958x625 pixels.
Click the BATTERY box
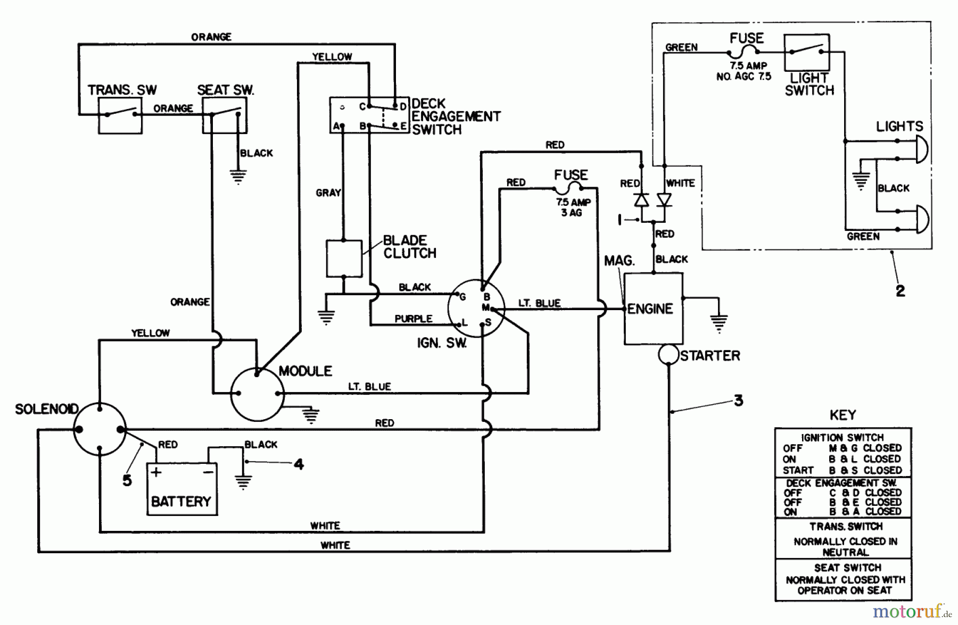click(181, 489)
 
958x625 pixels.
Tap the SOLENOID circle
click(100, 429)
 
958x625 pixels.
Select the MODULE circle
click(258, 394)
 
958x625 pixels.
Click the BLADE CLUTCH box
click(344, 259)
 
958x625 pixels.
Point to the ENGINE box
click(653, 309)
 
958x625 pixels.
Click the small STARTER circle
click(668, 355)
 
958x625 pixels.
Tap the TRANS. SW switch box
click(120, 115)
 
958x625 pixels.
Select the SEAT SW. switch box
click(225, 115)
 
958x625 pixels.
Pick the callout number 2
click(900, 291)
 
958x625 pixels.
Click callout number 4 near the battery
click(299, 464)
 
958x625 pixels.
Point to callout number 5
click(127, 480)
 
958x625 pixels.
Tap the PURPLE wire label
click(413, 319)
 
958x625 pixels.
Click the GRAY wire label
click(328, 193)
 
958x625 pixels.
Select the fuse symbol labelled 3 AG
click(569, 188)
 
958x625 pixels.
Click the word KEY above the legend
click(843, 415)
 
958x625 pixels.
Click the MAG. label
click(619, 261)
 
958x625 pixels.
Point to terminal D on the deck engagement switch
click(403, 106)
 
